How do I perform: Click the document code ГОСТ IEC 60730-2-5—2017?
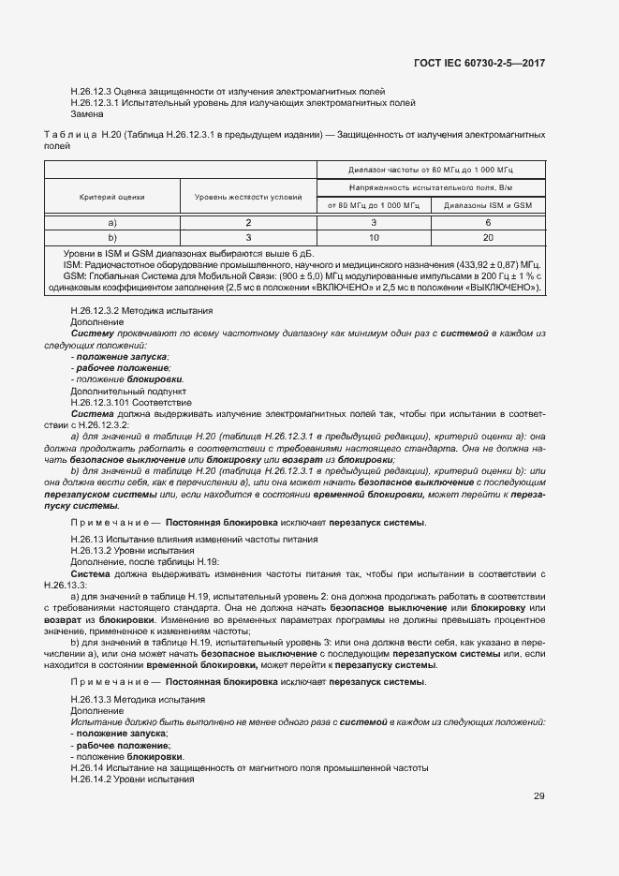point(479,63)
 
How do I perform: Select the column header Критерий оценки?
point(111,196)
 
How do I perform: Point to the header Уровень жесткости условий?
point(248,196)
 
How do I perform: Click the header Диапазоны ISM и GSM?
point(487,205)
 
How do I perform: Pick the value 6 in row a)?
point(488,222)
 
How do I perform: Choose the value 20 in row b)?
point(488,238)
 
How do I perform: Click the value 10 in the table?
point(374,238)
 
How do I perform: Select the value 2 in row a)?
point(248,222)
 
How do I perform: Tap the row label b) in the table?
point(111,238)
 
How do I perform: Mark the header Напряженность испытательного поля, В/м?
point(432,187)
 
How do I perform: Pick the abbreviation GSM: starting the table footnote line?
point(74,276)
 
